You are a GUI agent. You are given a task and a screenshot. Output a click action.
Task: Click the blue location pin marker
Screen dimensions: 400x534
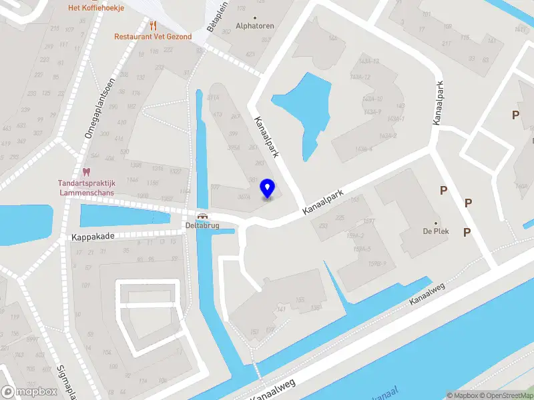268,188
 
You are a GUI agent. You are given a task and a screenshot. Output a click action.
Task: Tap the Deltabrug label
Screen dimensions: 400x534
202,225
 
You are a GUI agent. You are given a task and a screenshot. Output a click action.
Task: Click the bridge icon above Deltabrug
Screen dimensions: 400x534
202,216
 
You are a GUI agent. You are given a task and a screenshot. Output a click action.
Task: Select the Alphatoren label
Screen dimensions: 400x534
255,26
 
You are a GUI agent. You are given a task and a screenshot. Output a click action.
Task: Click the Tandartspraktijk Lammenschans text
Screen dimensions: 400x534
85,187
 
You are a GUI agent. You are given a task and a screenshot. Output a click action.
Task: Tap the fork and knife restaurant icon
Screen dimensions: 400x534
153,25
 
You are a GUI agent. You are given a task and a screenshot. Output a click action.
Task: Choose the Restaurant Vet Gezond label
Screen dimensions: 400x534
153,37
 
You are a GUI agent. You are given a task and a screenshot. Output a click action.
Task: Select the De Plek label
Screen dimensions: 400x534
435,232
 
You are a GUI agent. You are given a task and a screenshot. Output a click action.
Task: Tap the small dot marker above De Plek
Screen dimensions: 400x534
435,223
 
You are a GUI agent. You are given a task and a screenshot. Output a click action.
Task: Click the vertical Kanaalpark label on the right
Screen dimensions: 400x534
439,103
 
